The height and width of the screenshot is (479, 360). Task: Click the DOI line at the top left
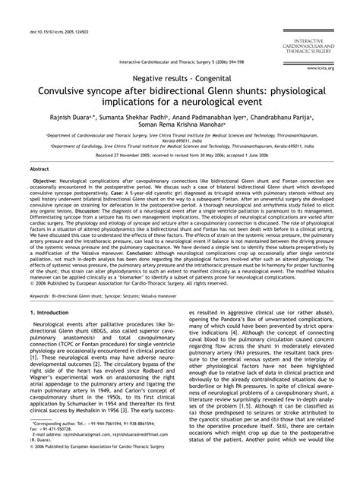click(53, 11)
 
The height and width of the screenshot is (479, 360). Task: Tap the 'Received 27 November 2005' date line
click(179, 166)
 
